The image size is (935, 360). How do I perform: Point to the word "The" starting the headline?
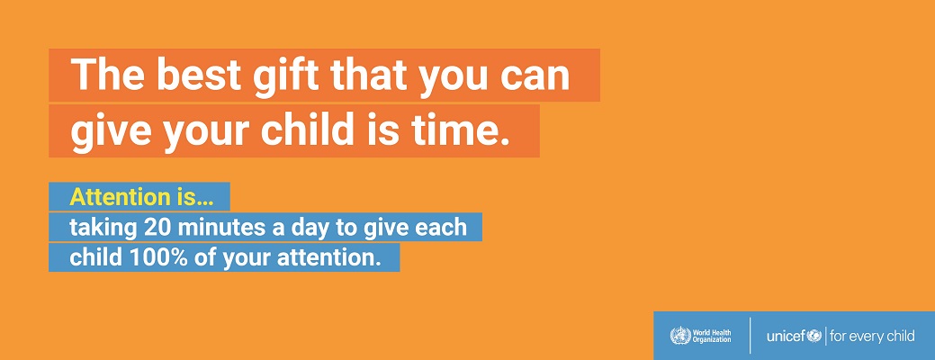pyautogui.click(x=107, y=75)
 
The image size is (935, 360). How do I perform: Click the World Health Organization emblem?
pyautogui.click(x=679, y=336)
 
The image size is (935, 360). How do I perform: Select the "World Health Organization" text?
pyautogui.click(x=712, y=337)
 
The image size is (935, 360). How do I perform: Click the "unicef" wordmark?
pyautogui.click(x=786, y=337)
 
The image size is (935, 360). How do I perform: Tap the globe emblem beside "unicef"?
pyautogui.click(x=814, y=337)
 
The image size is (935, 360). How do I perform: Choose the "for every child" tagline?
pyautogui.click(x=872, y=337)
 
